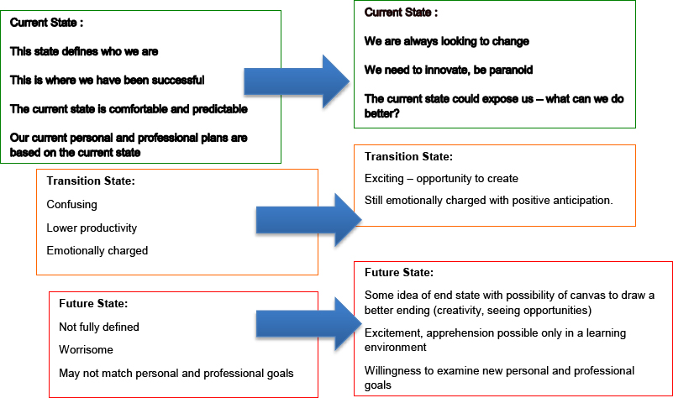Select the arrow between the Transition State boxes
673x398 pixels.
coord(309,220)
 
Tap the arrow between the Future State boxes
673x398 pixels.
coord(309,324)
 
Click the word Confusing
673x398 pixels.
coord(71,205)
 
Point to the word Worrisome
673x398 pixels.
coord(86,349)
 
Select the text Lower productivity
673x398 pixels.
coord(92,228)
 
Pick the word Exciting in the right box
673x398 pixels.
coord(384,178)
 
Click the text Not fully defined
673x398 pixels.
coord(98,327)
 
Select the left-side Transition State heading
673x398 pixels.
coord(91,181)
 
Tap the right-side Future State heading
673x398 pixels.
coord(399,272)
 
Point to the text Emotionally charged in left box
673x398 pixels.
coord(97,251)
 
